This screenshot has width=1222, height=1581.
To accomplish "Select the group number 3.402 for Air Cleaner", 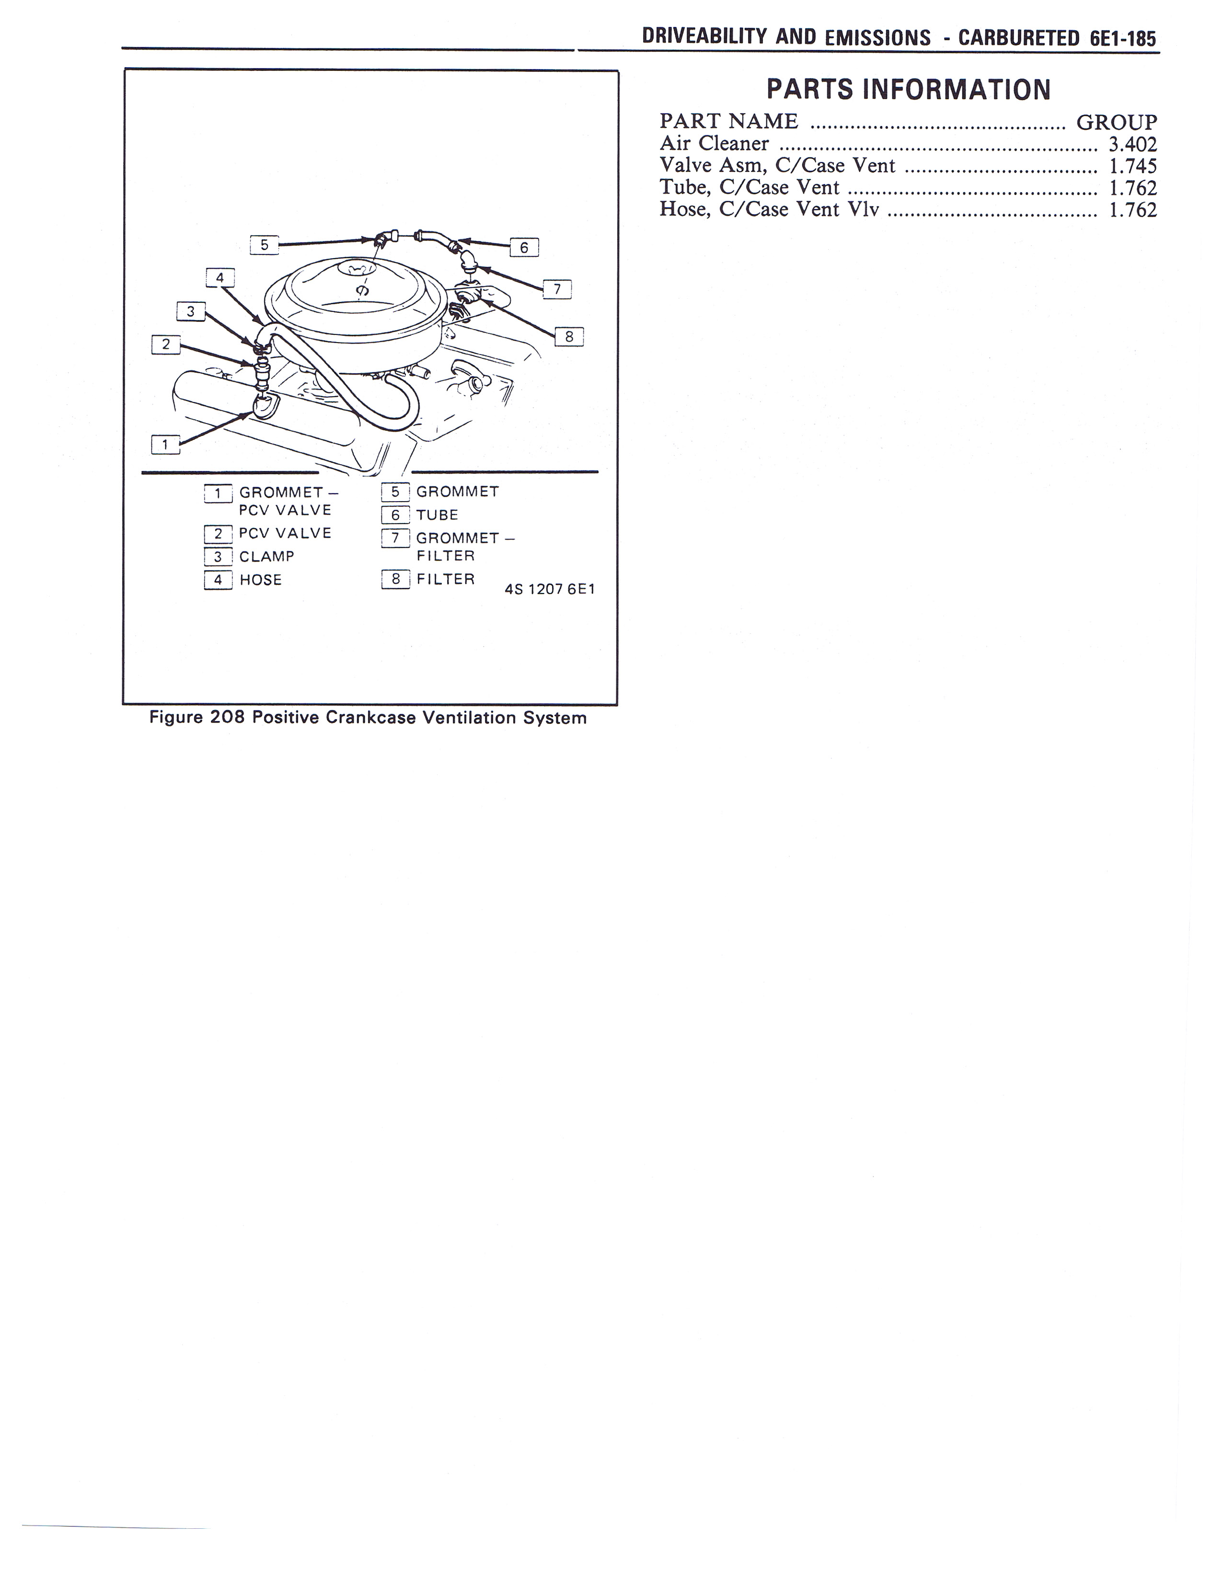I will point(1132,144).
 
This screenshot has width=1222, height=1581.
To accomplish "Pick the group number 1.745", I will point(1132,166).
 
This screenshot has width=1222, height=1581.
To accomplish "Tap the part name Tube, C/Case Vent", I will point(749,187).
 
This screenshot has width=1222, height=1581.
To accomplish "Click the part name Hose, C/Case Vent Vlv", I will point(769,209).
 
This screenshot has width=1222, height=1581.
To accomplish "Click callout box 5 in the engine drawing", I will point(264,245).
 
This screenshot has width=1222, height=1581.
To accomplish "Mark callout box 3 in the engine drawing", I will point(190,312).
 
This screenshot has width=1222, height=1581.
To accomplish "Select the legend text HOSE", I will point(261,580).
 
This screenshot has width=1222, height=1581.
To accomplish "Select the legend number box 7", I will point(395,538).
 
